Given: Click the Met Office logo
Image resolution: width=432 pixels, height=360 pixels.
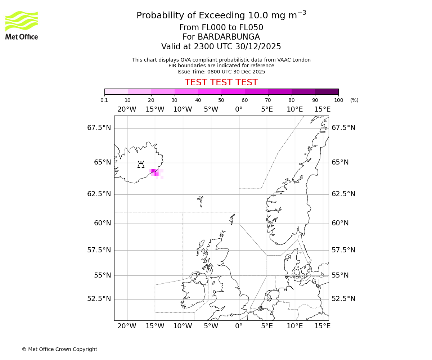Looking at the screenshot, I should [22, 25].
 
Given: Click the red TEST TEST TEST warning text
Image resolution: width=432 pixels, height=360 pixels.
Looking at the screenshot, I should [221, 82].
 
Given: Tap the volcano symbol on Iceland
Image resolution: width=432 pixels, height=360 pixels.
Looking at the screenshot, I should [141, 165].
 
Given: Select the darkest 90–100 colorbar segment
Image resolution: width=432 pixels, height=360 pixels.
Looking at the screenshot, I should [327, 91].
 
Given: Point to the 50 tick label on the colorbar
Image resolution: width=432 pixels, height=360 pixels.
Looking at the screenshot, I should [221, 100].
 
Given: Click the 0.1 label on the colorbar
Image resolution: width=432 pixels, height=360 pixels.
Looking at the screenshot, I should [104, 100].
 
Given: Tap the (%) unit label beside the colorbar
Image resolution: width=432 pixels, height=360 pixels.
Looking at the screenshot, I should [354, 100].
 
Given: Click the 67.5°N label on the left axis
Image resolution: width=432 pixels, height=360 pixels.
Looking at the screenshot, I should [99, 128].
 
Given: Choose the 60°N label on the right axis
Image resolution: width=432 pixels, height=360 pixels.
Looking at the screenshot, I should [340, 223].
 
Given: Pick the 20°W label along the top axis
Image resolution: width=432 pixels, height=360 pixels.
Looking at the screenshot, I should [127, 109].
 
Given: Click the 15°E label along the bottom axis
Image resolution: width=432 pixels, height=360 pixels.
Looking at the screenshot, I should [323, 326].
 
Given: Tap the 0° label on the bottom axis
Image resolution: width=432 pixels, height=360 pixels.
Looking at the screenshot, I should [239, 326].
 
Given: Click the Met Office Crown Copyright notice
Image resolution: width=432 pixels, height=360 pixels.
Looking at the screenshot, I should [59, 349].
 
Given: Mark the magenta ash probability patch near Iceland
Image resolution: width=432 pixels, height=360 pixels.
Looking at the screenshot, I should [154, 172].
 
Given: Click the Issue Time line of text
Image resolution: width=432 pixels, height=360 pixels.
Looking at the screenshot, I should [221, 72].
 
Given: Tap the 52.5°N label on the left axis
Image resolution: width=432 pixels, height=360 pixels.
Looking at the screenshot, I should [99, 299].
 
